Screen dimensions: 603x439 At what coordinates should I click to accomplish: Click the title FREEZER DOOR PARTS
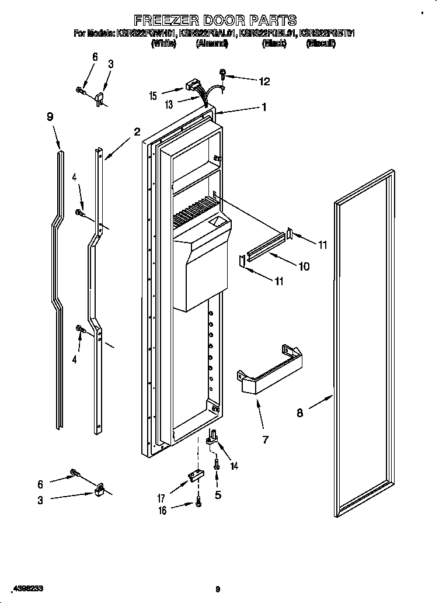tap(215, 21)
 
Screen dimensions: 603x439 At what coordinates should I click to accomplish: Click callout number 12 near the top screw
tap(264, 81)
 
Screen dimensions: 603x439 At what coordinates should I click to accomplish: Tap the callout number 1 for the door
tap(264, 107)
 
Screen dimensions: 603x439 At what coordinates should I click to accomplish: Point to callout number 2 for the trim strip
tap(137, 132)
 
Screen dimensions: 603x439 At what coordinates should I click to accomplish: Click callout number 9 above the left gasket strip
tap(50, 117)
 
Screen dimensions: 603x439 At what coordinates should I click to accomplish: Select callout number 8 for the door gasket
tap(299, 413)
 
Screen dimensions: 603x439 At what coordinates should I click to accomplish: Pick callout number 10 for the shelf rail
tap(304, 266)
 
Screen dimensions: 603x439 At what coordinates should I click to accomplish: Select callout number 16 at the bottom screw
tap(163, 510)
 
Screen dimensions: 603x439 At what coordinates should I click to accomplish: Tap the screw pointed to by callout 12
tap(223, 74)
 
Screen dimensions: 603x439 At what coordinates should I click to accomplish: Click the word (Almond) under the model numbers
tap(211, 44)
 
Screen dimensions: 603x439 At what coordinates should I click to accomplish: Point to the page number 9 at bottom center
tap(217, 588)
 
